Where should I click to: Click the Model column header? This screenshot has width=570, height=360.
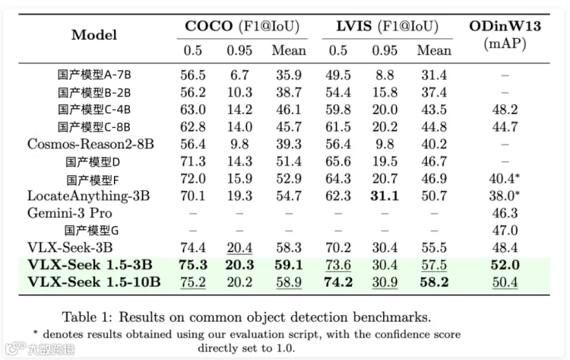94,35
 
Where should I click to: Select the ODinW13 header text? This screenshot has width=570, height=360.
505,26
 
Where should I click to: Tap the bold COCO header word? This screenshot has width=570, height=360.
208,26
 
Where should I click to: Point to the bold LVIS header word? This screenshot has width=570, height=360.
353,26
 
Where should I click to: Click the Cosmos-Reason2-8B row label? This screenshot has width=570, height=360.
91,144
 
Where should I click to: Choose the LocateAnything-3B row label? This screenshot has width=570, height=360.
88,196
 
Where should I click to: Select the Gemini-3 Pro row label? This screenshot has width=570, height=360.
70,213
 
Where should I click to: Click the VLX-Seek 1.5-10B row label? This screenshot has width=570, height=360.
94,282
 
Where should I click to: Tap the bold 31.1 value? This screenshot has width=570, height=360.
384,196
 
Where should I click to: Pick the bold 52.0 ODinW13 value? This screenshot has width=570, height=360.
505,265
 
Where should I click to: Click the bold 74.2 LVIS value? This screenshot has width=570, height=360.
338,282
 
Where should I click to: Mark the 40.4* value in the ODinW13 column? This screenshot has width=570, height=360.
504,179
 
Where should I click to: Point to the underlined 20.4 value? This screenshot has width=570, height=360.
239,248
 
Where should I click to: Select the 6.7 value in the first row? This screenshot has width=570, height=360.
239,75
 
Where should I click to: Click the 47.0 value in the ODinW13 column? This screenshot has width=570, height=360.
505,230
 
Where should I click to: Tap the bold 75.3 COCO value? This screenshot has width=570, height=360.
193,265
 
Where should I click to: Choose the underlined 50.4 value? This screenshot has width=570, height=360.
505,282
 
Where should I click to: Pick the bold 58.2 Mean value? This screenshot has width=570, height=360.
434,282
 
